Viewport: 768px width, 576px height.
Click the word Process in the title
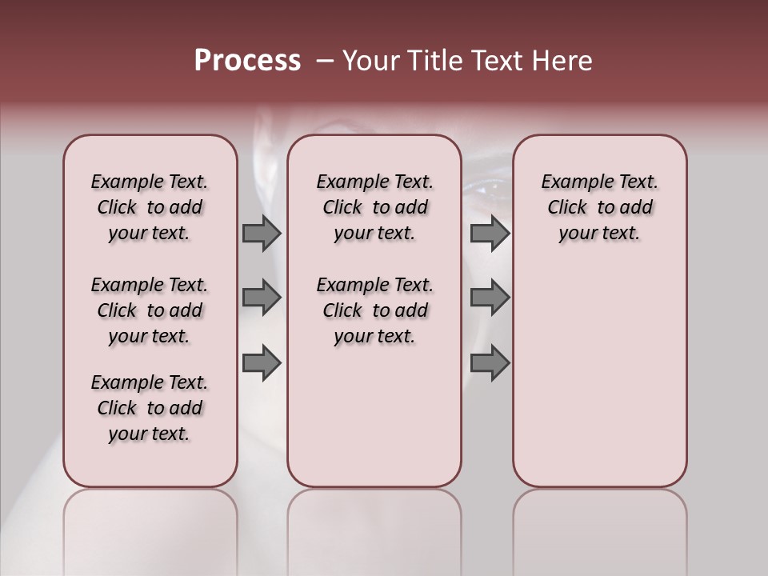coord(247,61)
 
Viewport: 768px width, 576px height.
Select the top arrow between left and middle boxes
coord(261,234)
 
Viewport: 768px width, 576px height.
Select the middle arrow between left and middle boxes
coord(261,298)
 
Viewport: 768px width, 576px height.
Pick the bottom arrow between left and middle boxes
coord(261,363)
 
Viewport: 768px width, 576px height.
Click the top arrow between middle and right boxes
coord(490,234)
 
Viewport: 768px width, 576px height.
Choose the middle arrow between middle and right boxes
coord(490,298)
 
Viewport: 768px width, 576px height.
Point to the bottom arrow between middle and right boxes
coord(490,363)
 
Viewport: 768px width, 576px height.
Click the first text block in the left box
coord(150,207)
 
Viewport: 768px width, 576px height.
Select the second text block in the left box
coord(150,310)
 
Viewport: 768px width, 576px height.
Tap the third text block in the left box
coord(150,408)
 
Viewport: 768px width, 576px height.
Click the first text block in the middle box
coord(374,207)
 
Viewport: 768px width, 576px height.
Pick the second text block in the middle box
coord(374,310)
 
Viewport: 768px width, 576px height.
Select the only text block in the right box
coord(599,207)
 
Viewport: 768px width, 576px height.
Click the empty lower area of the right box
coord(599,376)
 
